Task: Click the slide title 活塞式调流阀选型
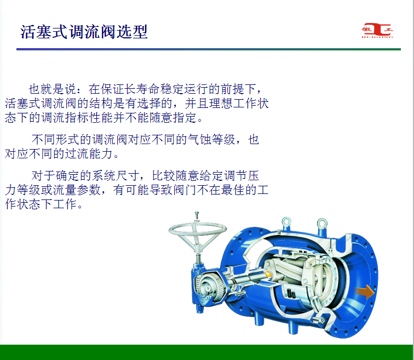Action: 84,32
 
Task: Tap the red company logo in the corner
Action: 377,31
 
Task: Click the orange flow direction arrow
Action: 364,292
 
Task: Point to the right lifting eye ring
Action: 322,224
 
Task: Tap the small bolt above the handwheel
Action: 197,216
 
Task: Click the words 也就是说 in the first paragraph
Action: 52,89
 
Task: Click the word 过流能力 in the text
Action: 89,154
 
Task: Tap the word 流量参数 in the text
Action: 77,190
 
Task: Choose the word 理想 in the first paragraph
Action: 221,103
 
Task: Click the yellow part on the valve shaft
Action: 268,274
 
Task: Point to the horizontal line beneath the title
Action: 209,49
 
